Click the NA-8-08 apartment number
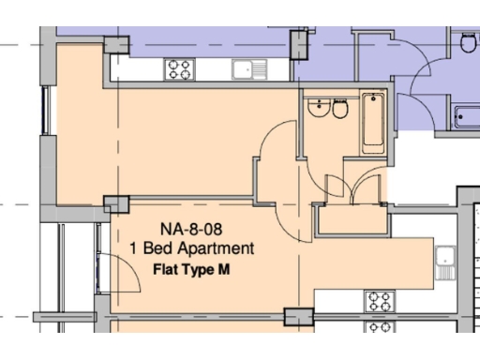[x=190, y=228]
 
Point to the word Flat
[x=167, y=270]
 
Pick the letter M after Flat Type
[x=224, y=270]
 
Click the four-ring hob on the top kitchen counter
[x=179, y=68]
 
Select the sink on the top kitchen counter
[x=247, y=67]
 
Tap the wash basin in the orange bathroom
[x=319, y=110]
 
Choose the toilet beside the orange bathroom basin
[x=340, y=111]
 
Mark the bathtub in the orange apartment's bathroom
[x=372, y=122]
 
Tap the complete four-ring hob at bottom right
[x=379, y=301]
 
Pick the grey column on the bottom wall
[x=297, y=317]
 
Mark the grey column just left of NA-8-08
[x=117, y=203]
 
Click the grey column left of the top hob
[x=115, y=43]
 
